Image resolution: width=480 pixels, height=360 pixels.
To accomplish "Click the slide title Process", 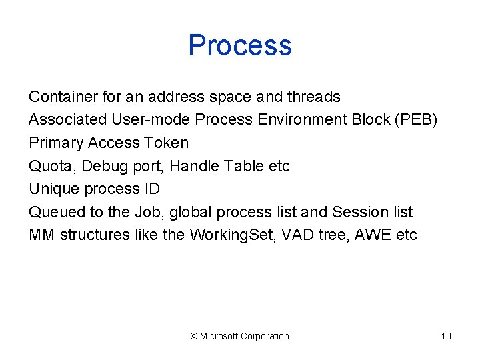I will (x=240, y=45).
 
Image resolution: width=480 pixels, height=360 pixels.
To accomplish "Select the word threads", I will (x=313, y=97).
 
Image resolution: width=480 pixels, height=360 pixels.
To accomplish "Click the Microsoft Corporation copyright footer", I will (x=240, y=336).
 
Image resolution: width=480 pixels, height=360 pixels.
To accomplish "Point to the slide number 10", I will (x=446, y=336).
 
